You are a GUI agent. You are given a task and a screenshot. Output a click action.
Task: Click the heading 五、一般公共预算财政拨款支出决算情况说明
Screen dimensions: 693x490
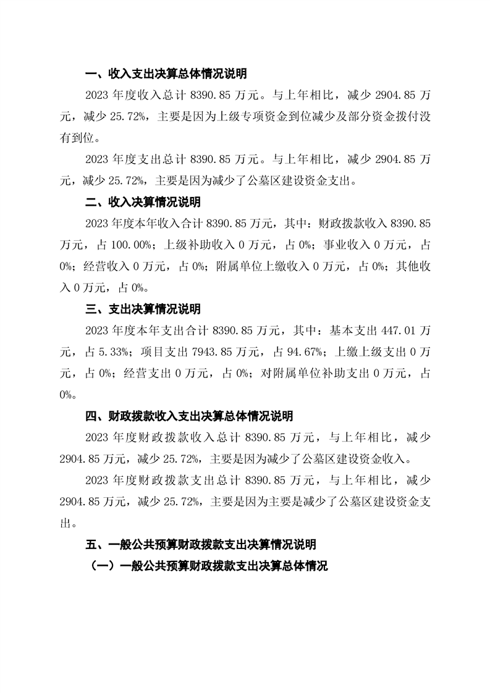click(x=201, y=544)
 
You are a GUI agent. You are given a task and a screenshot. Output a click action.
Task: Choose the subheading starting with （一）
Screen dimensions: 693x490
click(x=208, y=565)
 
